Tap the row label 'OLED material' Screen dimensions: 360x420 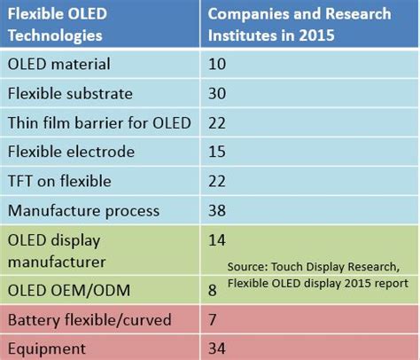pyautogui.click(x=58, y=64)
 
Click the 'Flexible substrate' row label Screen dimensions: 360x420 pyautogui.click(x=71, y=93)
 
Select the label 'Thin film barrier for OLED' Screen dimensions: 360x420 pyautogui.click(x=97, y=122)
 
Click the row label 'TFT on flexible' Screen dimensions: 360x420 pyautogui.click(x=58, y=181)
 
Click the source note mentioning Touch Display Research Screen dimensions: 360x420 pyautogui.click(x=317, y=274)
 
